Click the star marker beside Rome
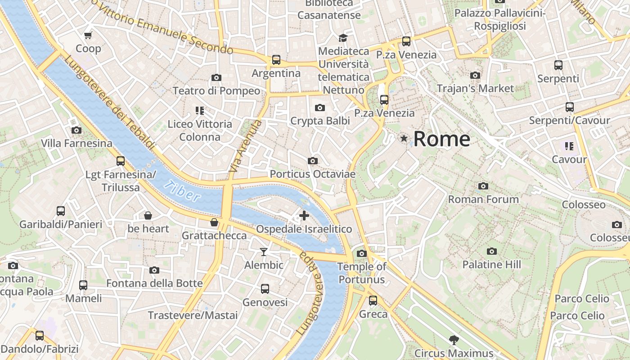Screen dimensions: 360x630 click(x=404, y=139)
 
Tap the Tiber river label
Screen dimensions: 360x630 click(x=182, y=190)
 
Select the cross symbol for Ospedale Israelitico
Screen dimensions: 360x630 click(x=304, y=216)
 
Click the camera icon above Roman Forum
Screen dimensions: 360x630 click(x=483, y=186)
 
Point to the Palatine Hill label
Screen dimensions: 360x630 click(x=491, y=265)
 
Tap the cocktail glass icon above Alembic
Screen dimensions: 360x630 click(x=264, y=252)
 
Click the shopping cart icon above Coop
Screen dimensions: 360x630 click(x=88, y=35)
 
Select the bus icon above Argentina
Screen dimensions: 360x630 click(x=276, y=59)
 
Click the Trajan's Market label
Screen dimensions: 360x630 click(x=475, y=88)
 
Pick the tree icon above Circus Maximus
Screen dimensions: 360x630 click(x=454, y=340)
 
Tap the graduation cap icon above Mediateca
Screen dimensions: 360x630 click(x=343, y=37)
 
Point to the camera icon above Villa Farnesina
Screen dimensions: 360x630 click(x=76, y=130)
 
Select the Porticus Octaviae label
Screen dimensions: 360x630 click(x=312, y=174)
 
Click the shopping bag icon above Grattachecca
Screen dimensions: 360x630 click(x=214, y=222)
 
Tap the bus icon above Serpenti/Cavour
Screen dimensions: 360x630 click(x=569, y=107)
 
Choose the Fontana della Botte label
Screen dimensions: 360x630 click(x=154, y=283)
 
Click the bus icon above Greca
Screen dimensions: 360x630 click(x=373, y=300)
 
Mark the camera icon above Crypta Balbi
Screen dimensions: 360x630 click(x=320, y=108)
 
